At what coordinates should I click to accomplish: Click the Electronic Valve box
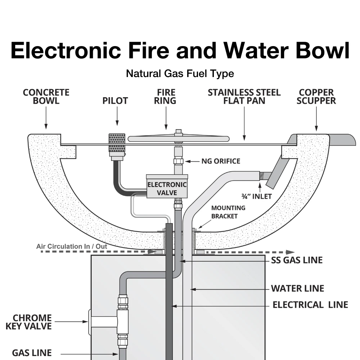167,186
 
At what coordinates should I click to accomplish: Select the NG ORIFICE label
221,161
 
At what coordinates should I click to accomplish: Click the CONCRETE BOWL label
46,96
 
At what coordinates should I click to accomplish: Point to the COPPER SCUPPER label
316,96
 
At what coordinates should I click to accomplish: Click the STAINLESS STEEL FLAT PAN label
244,96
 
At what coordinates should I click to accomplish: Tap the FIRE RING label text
165,96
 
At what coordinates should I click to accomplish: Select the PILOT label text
115,101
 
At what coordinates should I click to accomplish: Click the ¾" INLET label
256,196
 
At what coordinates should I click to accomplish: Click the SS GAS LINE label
297,260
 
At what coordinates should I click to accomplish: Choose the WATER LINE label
297,288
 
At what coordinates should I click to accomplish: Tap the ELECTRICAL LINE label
310,305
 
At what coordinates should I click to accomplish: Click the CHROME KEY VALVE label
28,322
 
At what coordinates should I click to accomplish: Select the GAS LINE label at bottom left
32,353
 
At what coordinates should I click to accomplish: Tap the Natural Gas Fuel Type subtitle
180,74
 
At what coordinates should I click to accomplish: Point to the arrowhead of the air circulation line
290,252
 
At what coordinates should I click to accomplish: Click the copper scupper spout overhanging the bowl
342,140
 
